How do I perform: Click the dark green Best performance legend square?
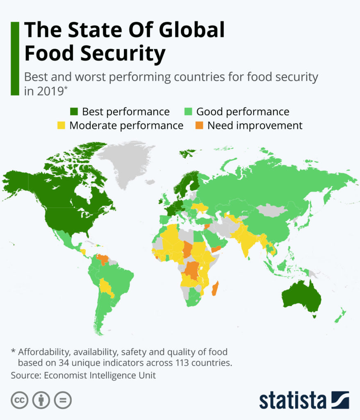[74, 112]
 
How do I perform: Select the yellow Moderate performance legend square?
[61, 126]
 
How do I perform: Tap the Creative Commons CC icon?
[19, 400]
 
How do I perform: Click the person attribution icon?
[41, 400]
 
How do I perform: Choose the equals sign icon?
[63, 400]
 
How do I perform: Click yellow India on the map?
[246, 242]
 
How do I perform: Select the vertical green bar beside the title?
[15, 59]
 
